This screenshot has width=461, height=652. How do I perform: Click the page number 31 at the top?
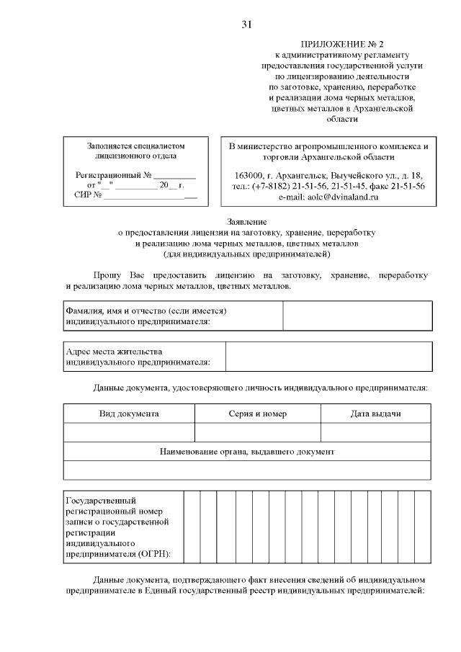pyautogui.click(x=246, y=25)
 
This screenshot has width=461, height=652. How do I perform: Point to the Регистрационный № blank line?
pyautogui.click(x=174, y=175)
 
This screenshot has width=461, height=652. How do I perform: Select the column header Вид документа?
pyautogui.click(x=129, y=414)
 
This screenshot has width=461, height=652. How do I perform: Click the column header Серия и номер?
pyautogui.click(x=257, y=414)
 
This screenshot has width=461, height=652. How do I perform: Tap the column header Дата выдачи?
pyautogui.click(x=375, y=414)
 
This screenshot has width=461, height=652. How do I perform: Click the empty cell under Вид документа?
pyautogui.click(x=129, y=432)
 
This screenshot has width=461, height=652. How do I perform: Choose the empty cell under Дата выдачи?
pyautogui.click(x=375, y=432)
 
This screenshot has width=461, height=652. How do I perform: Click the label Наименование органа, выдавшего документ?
pyautogui.click(x=247, y=452)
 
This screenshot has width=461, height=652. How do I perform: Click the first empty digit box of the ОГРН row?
pyautogui.click(x=191, y=526)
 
